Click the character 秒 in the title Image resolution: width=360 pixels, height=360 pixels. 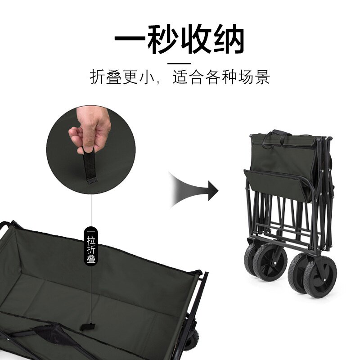(162, 39)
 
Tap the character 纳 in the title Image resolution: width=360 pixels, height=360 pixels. (229, 39)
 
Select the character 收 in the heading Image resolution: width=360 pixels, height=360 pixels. (196, 39)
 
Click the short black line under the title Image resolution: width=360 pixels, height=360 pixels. (179, 63)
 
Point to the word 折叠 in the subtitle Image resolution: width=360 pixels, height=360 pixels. (106, 77)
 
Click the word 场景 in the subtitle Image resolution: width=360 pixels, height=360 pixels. (254, 77)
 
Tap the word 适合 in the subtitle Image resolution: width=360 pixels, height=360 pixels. (188, 77)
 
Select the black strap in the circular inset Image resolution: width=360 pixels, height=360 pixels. (90, 165)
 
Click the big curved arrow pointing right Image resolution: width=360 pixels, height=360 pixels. (193, 189)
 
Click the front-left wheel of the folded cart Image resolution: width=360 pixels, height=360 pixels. (270, 262)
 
